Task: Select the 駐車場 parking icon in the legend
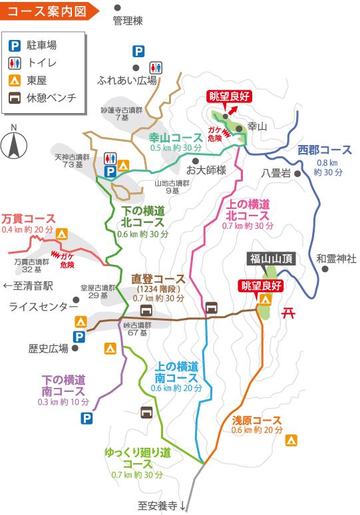coord(14,46)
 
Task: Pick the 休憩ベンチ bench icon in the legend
coord(14,98)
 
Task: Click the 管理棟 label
coord(128,21)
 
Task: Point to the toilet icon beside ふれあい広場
coord(156,67)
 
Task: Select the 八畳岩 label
coord(276,173)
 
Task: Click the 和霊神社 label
coord(336,257)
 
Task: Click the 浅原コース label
coord(257,420)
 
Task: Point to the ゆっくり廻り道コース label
coord(138,457)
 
